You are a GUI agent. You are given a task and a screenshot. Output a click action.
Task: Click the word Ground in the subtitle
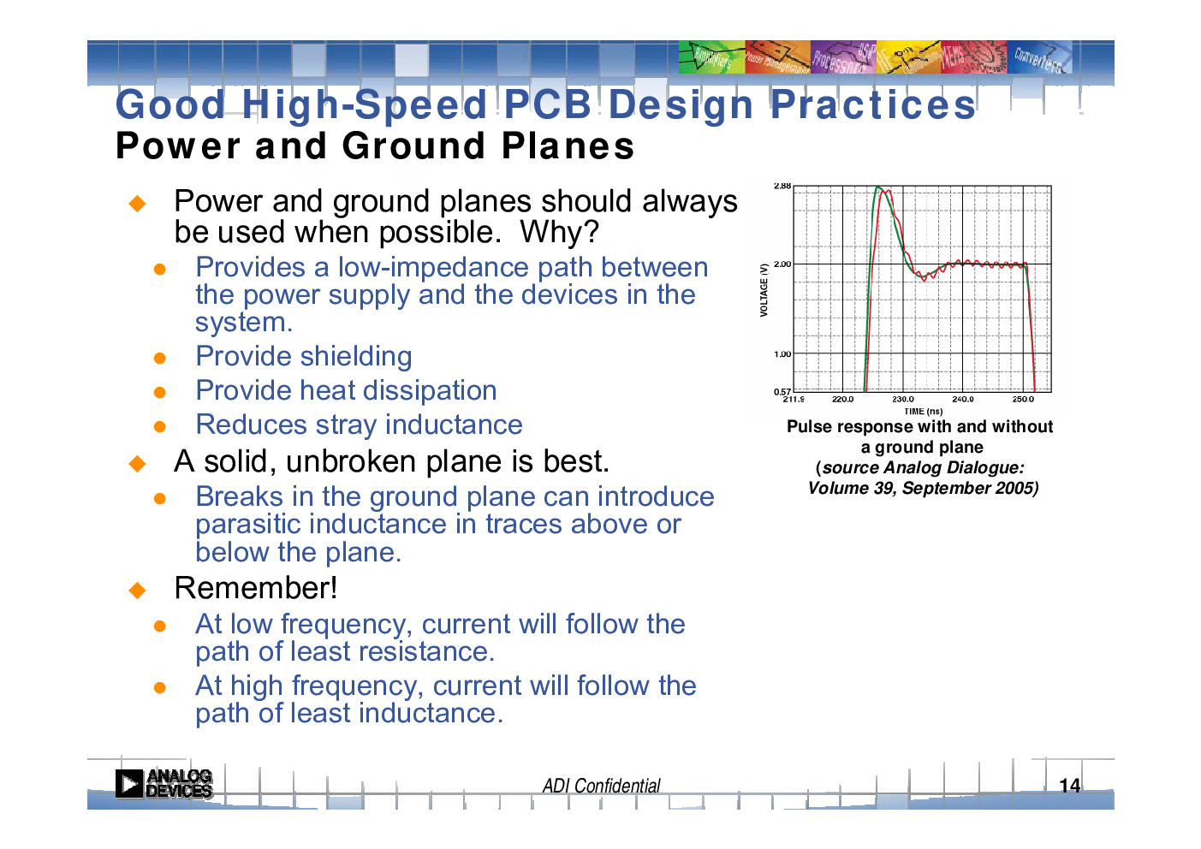[x=414, y=145]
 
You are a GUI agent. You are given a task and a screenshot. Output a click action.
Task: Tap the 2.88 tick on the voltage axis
[x=782, y=186]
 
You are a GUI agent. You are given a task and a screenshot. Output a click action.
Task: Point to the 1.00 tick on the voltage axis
[x=782, y=353]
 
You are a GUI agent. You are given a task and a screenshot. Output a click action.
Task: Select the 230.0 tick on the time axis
[x=903, y=400]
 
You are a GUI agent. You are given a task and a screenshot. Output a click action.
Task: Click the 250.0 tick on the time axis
[x=1023, y=400]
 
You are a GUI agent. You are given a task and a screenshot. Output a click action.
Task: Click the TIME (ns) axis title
[x=924, y=412]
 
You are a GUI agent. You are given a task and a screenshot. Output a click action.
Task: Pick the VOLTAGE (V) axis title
[x=764, y=290]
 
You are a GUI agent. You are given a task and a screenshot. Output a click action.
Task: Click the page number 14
[x=1070, y=786]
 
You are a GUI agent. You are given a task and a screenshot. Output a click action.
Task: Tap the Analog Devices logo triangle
[x=129, y=784]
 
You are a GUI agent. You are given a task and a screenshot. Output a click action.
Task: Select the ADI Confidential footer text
[x=601, y=786]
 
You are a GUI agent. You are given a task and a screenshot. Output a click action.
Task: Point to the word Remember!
[x=256, y=588]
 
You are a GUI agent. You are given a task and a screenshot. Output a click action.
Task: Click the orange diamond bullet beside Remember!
[x=137, y=591]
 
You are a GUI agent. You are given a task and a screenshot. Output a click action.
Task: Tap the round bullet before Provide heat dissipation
[x=159, y=392]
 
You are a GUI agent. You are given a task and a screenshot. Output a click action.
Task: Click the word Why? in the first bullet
[x=559, y=232]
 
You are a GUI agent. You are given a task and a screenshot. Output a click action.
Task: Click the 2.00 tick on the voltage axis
[x=782, y=264]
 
